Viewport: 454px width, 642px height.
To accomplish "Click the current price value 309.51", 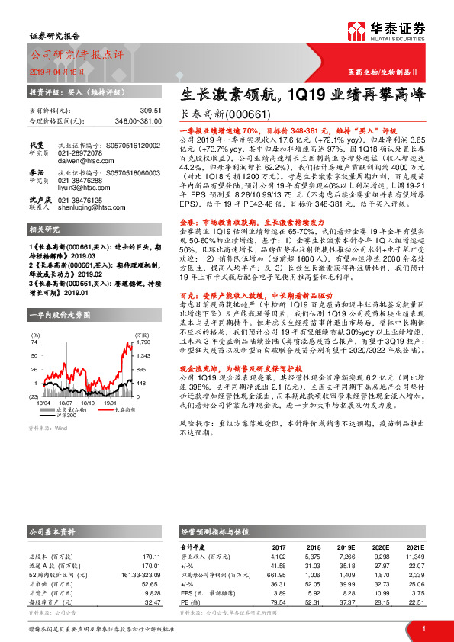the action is pos(151,111).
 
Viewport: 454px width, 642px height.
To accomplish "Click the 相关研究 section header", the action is pos(46,251).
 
